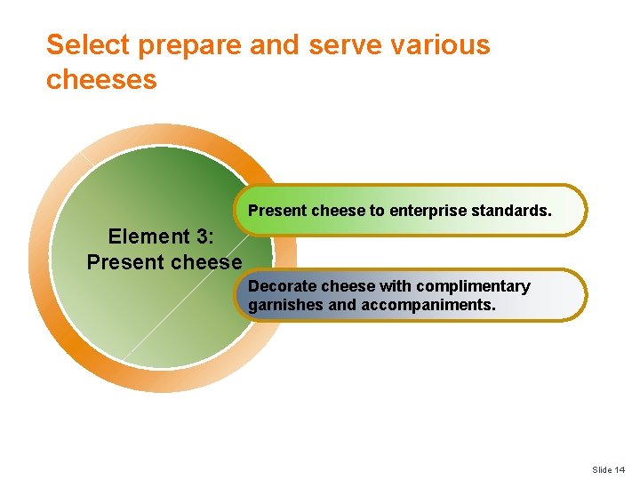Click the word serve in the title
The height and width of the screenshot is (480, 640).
pyautogui.click(x=340, y=45)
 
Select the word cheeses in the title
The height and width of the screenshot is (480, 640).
pyautogui.click(x=101, y=80)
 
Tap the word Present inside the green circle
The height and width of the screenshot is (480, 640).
pyautogui.click(x=125, y=262)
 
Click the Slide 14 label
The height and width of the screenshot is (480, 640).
pyautogui.click(x=608, y=469)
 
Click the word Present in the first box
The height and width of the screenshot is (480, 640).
pyautogui.click(x=277, y=212)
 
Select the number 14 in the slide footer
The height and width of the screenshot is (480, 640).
pyautogui.click(x=619, y=469)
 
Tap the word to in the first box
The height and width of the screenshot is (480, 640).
pyautogui.click(x=377, y=212)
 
